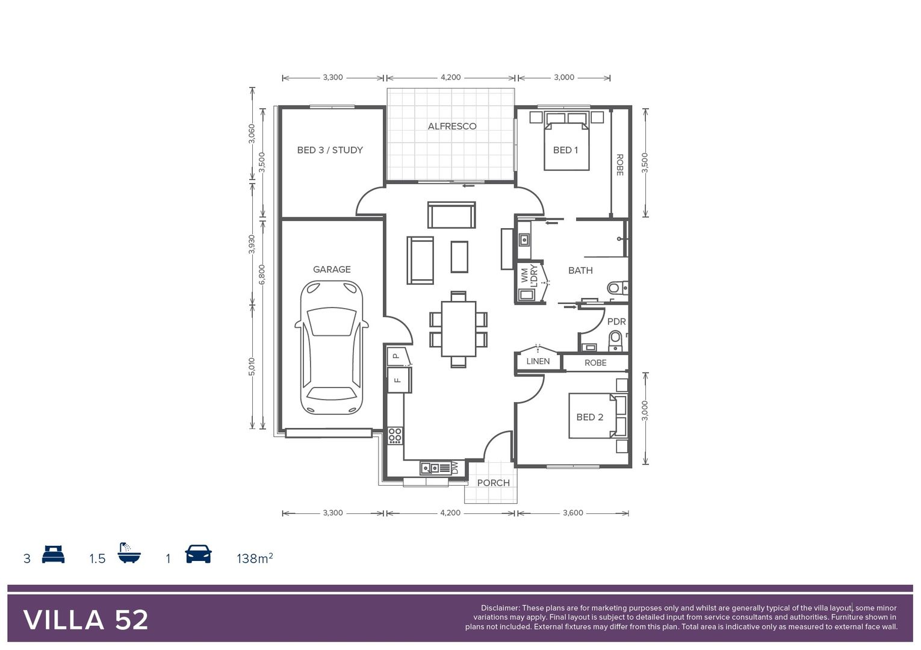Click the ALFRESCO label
click(451, 126)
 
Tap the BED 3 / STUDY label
click(330, 150)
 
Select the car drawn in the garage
click(332, 347)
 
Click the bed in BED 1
click(566, 146)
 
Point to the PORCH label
click(493, 483)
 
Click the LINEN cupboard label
click(538, 361)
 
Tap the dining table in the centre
click(459, 329)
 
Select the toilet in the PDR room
click(615, 341)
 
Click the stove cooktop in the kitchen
click(395, 435)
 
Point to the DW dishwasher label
click(455, 468)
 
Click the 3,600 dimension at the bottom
click(572, 513)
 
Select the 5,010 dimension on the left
click(252, 367)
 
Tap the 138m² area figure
click(255, 559)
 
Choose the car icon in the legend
click(198, 554)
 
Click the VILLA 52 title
click(86, 620)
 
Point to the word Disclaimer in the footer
click(500, 608)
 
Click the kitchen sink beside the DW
click(430, 468)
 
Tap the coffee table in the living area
click(459, 256)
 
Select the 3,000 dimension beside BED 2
click(645, 410)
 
